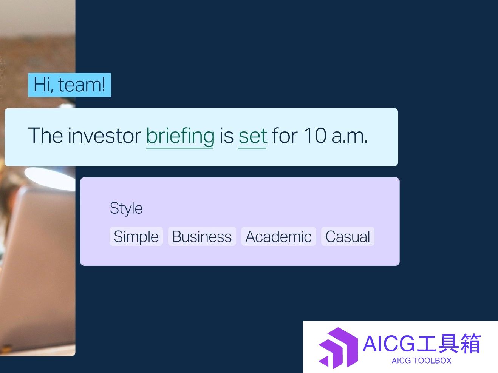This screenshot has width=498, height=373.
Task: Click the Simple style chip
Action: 136,236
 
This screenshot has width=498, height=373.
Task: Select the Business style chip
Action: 202,236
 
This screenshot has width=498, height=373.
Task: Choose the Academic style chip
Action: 278,236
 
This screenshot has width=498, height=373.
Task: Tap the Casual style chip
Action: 348,236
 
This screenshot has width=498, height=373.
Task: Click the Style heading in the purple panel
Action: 126,208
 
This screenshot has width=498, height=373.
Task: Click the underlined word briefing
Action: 180,136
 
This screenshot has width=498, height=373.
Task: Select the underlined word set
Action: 253,136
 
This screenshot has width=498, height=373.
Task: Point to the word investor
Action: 105,136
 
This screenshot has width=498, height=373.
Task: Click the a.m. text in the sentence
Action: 350,137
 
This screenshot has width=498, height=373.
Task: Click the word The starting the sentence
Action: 45,136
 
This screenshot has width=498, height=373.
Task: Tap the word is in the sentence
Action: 226,136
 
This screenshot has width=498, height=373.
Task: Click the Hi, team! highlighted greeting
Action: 70,85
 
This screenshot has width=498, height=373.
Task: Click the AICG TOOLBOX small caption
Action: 421,361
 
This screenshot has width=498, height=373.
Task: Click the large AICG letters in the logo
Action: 389,344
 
